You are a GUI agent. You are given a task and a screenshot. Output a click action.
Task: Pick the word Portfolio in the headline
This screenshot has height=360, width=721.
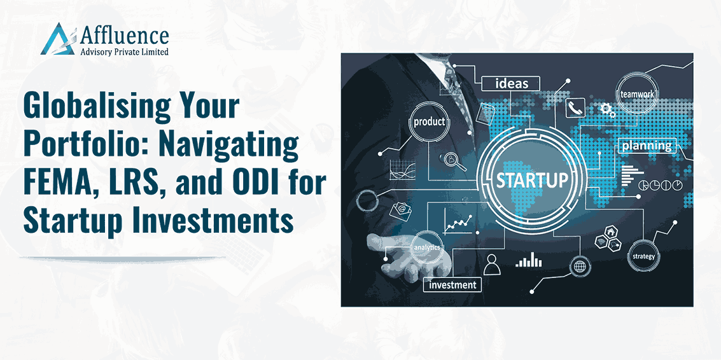coord(81,145)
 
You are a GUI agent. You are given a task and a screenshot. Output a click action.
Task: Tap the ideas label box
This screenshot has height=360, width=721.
coord(512,84)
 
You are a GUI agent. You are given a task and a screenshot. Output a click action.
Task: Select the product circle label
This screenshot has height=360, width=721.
coord(429,122)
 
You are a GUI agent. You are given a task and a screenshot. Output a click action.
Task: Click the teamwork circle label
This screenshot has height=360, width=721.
coord(637,93)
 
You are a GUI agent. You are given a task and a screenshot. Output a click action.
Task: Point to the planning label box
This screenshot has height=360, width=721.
coord(647,146)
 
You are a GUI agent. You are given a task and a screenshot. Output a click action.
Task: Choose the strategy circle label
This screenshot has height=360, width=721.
coord(643,256)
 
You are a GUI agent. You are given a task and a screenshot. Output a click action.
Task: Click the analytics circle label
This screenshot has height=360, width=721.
coord(427,247)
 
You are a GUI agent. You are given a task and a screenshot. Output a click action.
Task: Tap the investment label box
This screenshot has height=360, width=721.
coord(452,284)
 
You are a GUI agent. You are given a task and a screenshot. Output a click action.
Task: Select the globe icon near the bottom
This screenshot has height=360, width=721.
coord(578,267)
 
